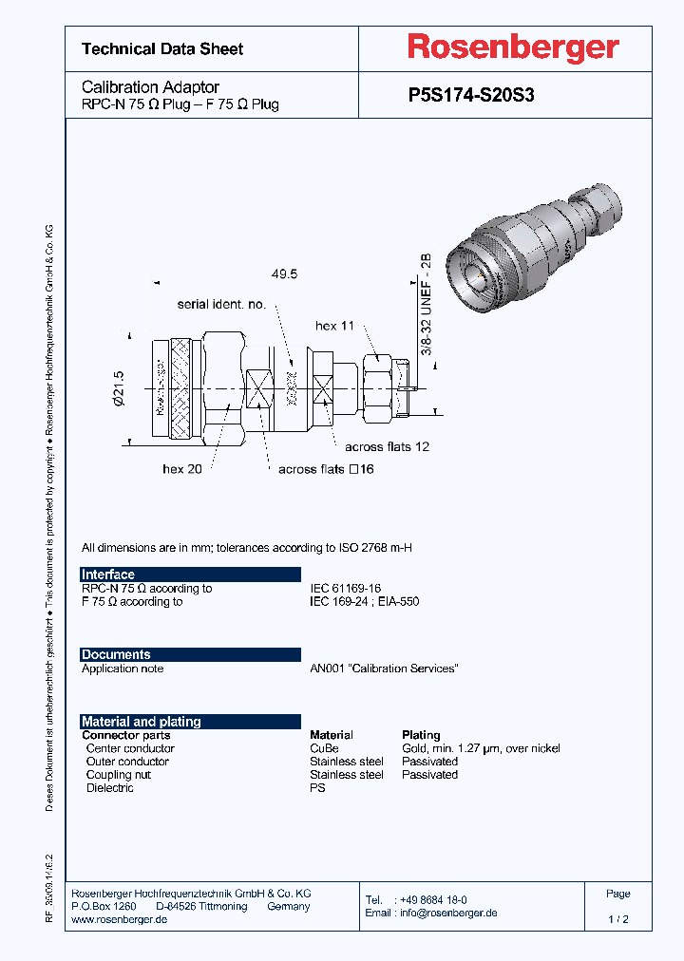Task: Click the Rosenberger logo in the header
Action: [x=513, y=47]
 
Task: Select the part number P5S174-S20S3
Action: [x=477, y=95]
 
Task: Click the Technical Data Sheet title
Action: [x=162, y=48]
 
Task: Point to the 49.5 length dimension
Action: [x=284, y=273]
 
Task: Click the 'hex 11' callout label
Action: [x=334, y=326]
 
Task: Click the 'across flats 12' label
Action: [x=387, y=446]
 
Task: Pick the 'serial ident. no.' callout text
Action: [x=221, y=304]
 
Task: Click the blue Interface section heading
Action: [x=108, y=575]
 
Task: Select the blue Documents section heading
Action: [x=116, y=654]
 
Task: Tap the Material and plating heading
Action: [x=141, y=722]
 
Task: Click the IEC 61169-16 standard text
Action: [x=345, y=588]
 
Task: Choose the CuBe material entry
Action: [x=324, y=748]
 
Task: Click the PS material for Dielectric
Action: [x=317, y=788]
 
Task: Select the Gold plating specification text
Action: [x=481, y=748]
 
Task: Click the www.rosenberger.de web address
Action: [x=120, y=920]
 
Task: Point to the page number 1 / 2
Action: [x=617, y=919]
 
